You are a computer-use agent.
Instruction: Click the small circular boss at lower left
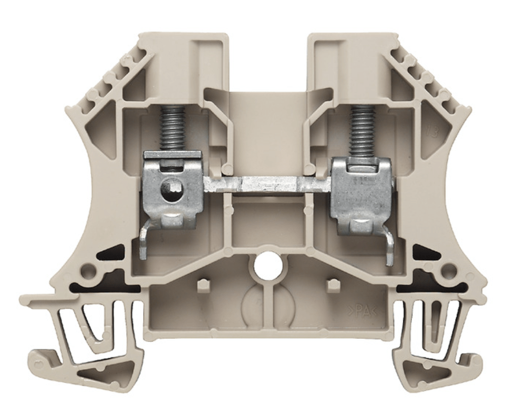[x=89, y=271]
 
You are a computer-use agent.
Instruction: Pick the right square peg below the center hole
[x=331, y=285]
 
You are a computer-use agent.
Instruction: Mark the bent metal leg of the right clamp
[x=389, y=247]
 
